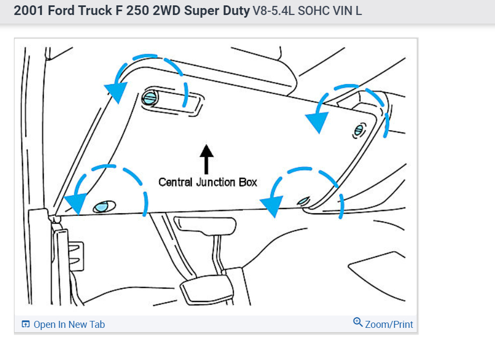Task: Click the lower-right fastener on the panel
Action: point(303,201)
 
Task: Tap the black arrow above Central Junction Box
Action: point(206,157)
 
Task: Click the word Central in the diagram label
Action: point(176,182)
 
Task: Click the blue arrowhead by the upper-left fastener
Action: point(116,91)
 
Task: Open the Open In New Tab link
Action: point(69,325)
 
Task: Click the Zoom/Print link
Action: point(389,324)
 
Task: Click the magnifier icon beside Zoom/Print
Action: point(358,322)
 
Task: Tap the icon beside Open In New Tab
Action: point(25,325)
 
